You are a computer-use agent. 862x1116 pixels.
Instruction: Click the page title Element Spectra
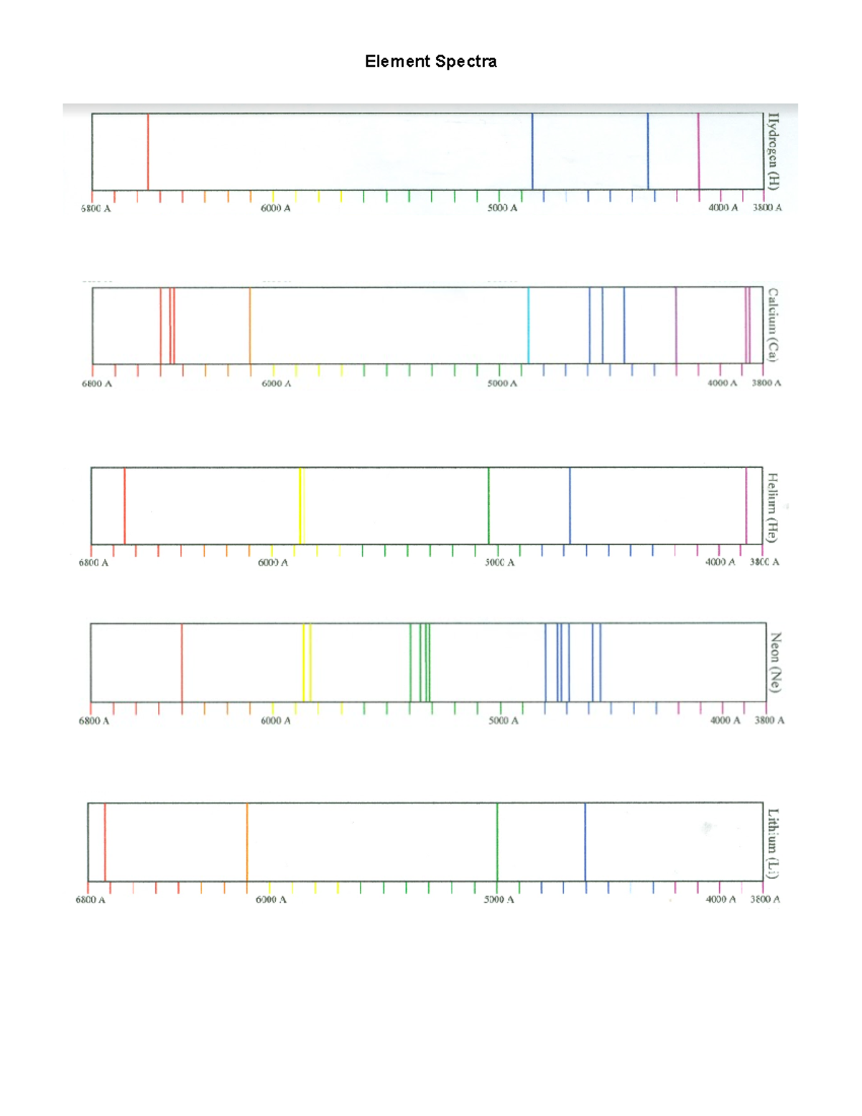pos(430,61)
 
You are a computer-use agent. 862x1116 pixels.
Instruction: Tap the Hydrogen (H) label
pos(773,151)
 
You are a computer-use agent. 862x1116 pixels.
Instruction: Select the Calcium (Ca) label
pos(773,325)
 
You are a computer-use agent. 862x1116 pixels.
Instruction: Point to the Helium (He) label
pos(772,507)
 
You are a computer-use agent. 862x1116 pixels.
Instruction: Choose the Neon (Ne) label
pos(775,662)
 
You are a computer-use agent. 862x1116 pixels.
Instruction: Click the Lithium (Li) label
pos(773,843)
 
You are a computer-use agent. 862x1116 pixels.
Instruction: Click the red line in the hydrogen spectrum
pos(148,151)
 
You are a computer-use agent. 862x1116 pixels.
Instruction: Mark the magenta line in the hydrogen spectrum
pos(698,151)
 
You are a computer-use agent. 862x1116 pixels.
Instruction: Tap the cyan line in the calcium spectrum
pos(529,326)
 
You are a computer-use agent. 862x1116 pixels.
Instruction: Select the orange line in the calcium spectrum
pos(250,326)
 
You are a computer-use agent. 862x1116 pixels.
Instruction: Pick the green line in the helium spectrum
pos(488,506)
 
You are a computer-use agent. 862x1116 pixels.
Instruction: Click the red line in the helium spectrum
pos(125,506)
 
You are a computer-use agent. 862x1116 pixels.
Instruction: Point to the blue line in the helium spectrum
pos(570,506)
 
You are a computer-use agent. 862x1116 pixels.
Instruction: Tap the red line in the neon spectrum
pos(182,662)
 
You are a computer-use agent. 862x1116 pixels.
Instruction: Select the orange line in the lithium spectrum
pos(247,841)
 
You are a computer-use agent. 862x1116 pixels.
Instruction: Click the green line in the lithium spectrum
pos(497,841)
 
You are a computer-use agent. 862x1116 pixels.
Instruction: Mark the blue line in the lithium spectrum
pos(585,841)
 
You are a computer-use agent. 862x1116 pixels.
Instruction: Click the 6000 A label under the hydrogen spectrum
pos(276,208)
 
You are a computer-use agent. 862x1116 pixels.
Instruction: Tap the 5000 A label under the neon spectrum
pos(503,721)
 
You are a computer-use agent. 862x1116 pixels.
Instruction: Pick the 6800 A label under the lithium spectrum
pos(91,900)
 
